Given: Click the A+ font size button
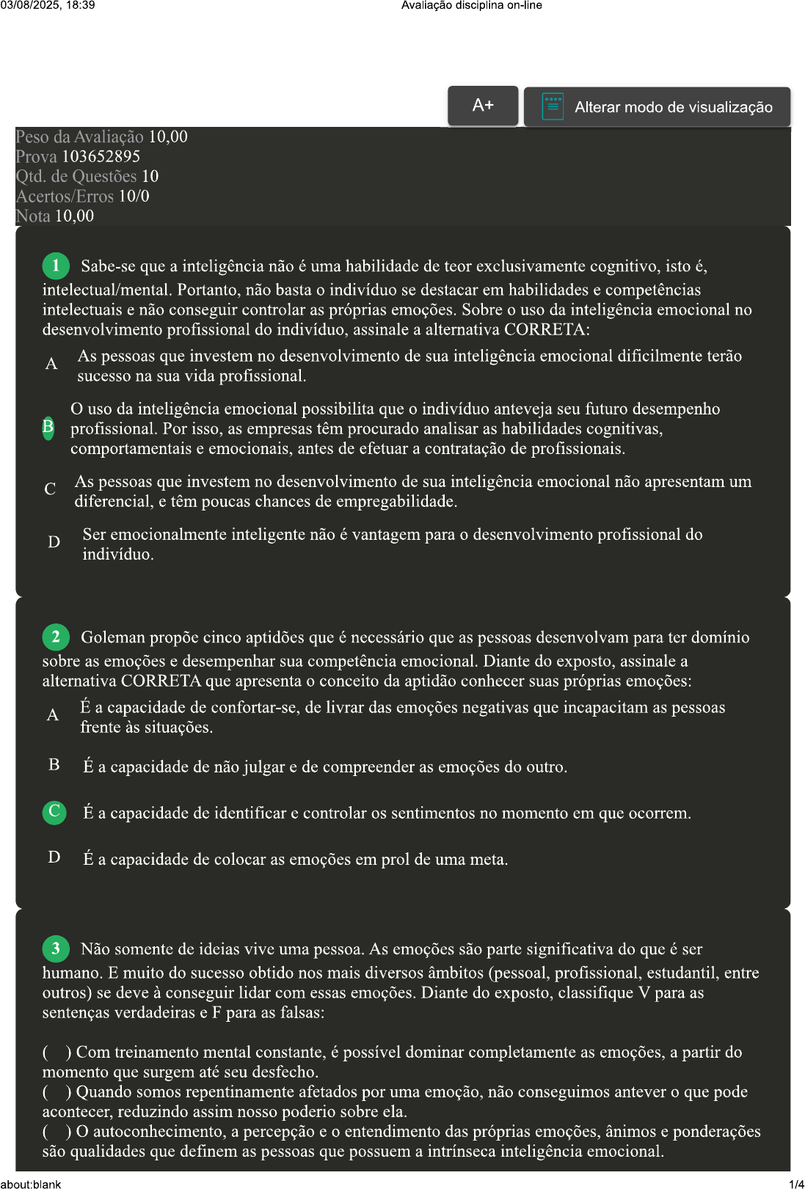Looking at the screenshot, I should tap(483, 106).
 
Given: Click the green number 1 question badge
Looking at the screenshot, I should tap(56, 266).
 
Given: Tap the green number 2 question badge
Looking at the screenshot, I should tap(56, 637).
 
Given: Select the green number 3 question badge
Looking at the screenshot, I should tap(56, 949).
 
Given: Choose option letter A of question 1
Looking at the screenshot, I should tap(51, 365).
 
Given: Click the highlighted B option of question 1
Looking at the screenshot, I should tap(48, 427).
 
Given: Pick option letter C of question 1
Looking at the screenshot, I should tap(50, 490).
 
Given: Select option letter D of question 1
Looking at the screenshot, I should tap(54, 543).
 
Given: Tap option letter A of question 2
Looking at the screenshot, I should tap(53, 716).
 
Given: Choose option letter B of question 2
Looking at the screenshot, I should tap(54, 765).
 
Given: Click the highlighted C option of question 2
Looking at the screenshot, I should tap(54, 812).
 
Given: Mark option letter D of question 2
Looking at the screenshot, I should tap(54, 857).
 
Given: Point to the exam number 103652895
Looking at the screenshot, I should tap(101, 157).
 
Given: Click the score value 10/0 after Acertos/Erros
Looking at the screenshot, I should tap(134, 197).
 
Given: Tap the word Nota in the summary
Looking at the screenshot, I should tap(33, 216).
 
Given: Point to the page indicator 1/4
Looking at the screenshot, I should tap(796, 1184).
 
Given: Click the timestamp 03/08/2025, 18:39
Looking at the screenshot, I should tap(48, 5).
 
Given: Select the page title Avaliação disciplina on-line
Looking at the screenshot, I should tap(471, 5).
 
